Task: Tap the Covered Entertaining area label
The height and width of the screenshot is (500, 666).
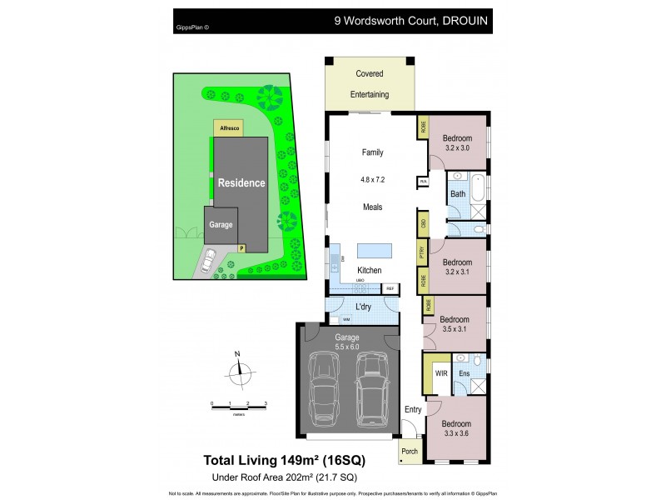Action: pyautogui.click(x=369, y=84)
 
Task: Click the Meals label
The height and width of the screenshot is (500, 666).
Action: pyautogui.click(x=372, y=207)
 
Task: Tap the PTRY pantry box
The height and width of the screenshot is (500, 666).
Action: pyautogui.click(x=423, y=252)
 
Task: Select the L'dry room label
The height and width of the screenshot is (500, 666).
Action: pyautogui.click(x=363, y=307)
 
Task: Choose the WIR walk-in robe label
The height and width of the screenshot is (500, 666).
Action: pyautogui.click(x=440, y=373)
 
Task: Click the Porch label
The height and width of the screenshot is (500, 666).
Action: pyautogui.click(x=409, y=452)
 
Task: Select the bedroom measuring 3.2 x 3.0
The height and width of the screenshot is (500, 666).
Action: pyautogui.click(x=457, y=142)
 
